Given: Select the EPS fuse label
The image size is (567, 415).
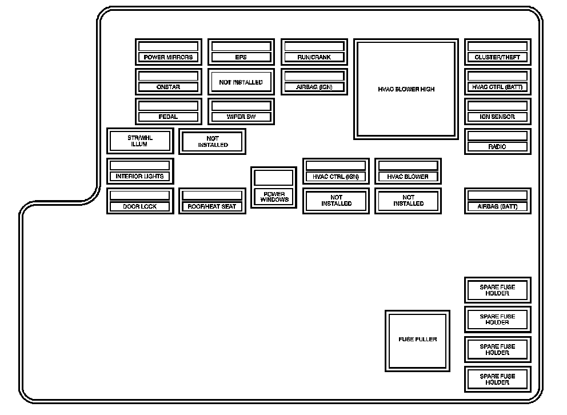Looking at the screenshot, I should pos(241,57).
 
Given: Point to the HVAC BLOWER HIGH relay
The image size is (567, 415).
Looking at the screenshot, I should pos(406,89).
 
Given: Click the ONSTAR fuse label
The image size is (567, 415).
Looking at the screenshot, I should pos(168,87).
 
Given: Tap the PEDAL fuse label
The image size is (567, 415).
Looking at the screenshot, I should pos(168,117).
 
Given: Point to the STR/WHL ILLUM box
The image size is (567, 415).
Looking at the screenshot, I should pos(139,141).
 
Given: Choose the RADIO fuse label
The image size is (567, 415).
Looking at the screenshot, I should pos(497,147).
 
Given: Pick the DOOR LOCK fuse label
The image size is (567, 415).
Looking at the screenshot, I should pos(139,206).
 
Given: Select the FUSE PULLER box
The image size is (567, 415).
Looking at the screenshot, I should pos(417,340).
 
